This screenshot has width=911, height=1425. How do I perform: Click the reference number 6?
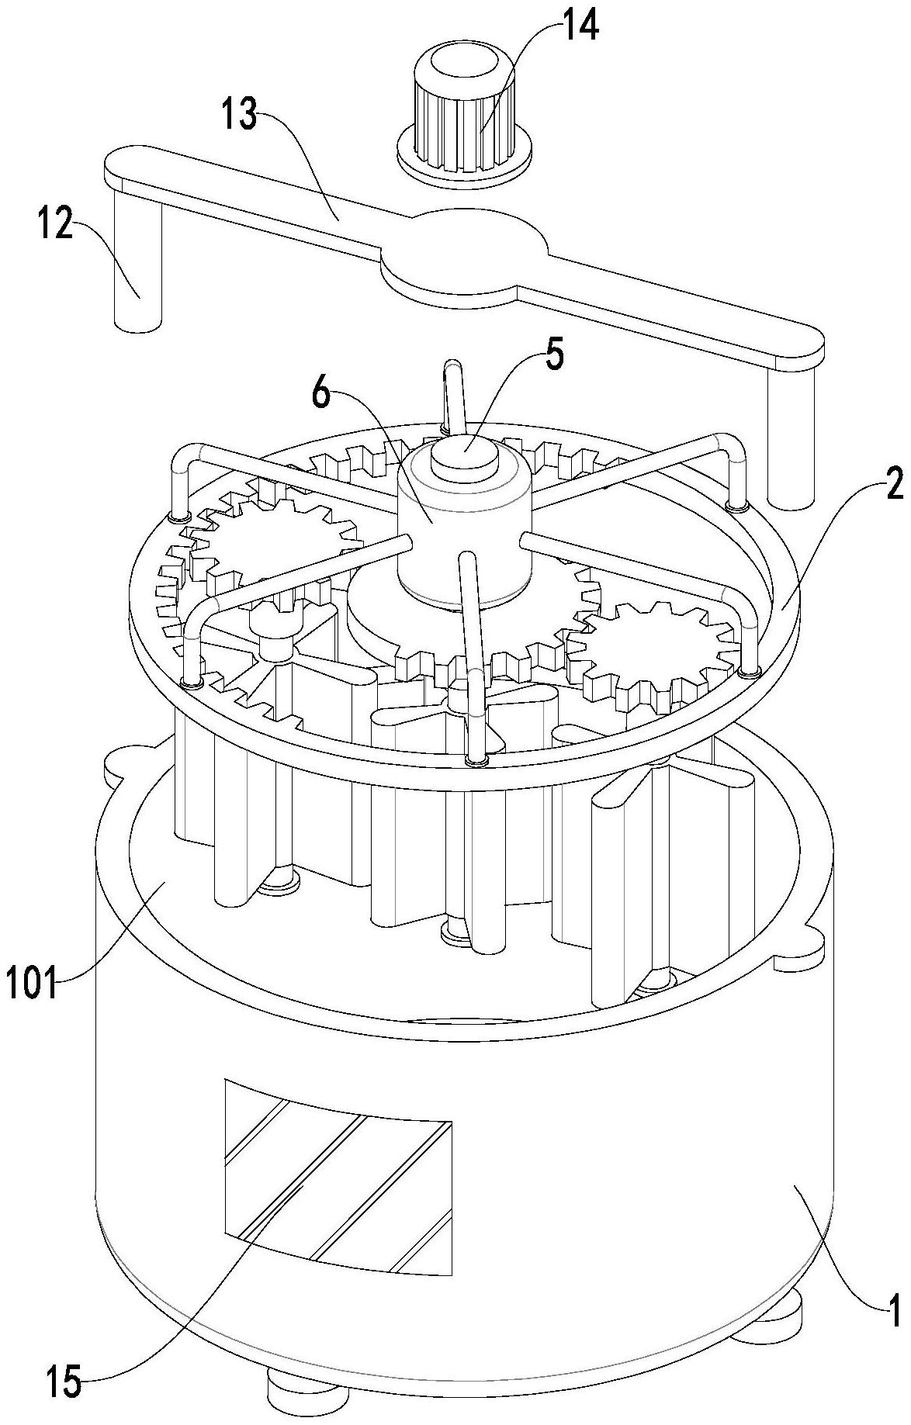click(x=324, y=396)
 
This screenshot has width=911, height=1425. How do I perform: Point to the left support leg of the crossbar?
click(x=137, y=260)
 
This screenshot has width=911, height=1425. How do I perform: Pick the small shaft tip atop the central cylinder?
click(x=464, y=451)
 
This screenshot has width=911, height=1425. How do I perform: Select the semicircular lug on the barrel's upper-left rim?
click(x=130, y=763)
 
